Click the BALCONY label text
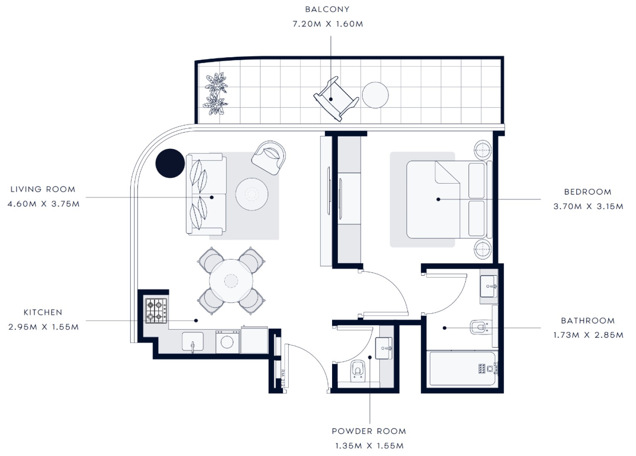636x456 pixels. (x=327, y=10)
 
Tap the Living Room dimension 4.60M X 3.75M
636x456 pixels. (x=44, y=204)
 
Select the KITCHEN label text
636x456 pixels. (x=43, y=312)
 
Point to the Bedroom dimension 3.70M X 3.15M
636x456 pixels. (x=588, y=206)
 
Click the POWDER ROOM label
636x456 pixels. (x=369, y=431)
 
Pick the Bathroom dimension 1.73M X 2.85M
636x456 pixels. (x=588, y=335)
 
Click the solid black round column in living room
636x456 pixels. (x=170, y=163)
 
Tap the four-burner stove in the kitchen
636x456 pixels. (x=156, y=310)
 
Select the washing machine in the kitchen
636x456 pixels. (x=228, y=342)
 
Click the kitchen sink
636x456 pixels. (x=193, y=342)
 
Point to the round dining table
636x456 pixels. (x=231, y=281)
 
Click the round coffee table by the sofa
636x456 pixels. (x=252, y=194)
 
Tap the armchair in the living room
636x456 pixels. (x=269, y=158)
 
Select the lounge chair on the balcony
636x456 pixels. (x=336, y=99)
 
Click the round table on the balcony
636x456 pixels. (x=375, y=95)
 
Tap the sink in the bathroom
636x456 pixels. (x=489, y=286)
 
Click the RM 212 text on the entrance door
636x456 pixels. (x=282, y=378)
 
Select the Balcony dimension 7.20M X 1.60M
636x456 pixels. (x=328, y=24)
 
